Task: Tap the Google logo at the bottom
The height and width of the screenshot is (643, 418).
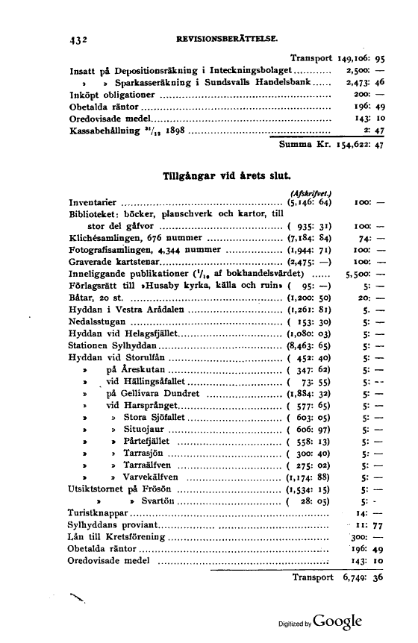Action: coord(337,621)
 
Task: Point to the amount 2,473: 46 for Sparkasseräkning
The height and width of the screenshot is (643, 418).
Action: coord(365,82)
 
